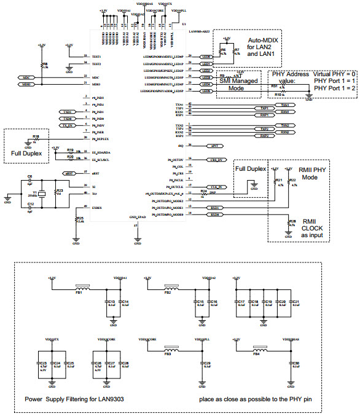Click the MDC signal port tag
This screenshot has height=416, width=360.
click(26, 77)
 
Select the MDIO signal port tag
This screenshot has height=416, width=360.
click(26, 84)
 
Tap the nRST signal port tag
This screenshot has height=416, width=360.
click(69, 173)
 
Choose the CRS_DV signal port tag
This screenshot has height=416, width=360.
click(216, 159)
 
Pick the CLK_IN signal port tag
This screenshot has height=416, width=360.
click(216, 186)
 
